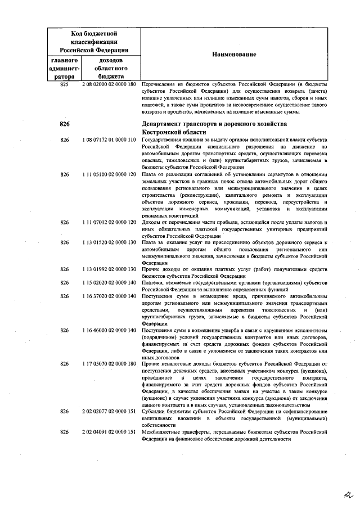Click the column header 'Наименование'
tap(233, 54)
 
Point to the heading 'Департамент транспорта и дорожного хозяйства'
tap(214, 123)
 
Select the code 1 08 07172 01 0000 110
tap(109, 139)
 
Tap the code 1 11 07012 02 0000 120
tap(109, 222)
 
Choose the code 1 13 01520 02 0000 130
tap(109, 242)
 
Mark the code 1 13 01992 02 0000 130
tap(109, 269)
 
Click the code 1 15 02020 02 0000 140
tap(109, 282)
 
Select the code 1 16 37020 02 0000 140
tap(109, 296)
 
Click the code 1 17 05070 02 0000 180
tap(109, 363)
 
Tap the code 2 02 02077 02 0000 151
tap(109, 411)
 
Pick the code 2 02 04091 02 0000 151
tap(109, 431)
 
